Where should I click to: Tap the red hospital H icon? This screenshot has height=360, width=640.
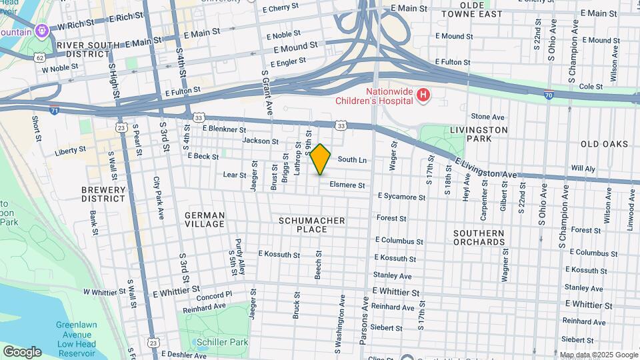pyautogui.click(x=423, y=96)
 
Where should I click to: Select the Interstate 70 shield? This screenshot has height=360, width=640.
pyautogui.click(x=548, y=95)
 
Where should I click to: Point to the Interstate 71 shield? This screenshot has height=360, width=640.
pyautogui.click(x=53, y=109)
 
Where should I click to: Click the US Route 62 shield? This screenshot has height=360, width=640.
pyautogui.click(x=41, y=57)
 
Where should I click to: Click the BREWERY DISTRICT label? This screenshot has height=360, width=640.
pyautogui.click(x=103, y=194)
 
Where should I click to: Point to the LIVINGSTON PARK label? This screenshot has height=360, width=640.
pyautogui.click(x=479, y=134)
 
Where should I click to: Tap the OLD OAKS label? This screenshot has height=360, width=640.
pyautogui.click(x=604, y=144)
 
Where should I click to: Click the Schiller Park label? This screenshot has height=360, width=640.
pyautogui.click(x=222, y=342)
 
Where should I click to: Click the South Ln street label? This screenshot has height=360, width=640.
pyautogui.click(x=352, y=160)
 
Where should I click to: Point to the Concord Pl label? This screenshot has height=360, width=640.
pyautogui.click(x=214, y=294)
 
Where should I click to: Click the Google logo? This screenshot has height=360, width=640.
pyautogui.click(x=22, y=351)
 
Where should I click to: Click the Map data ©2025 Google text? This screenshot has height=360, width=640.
pyautogui.click(x=598, y=355)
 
